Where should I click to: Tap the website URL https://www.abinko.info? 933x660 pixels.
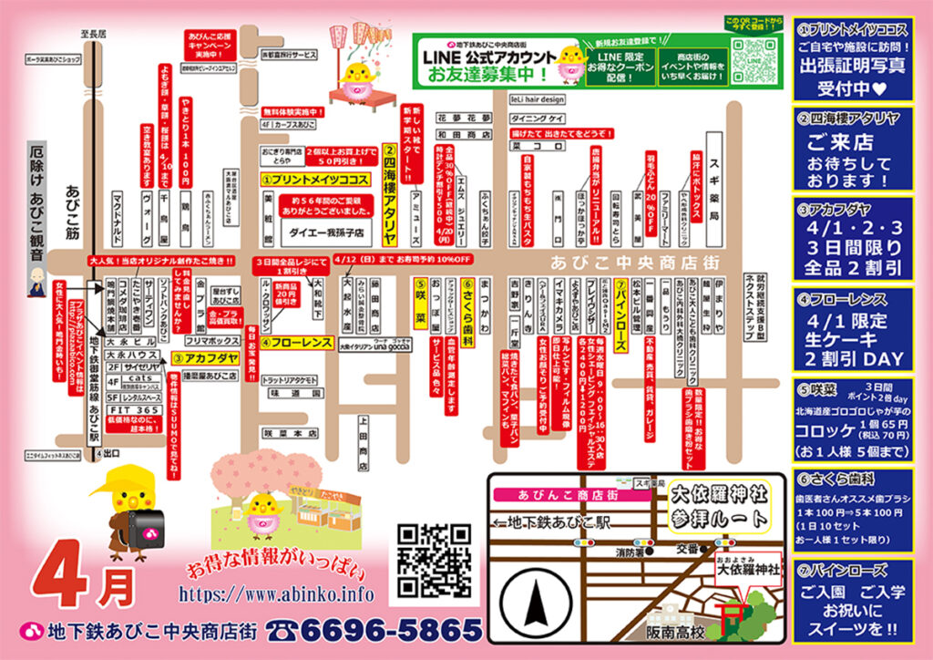point(277,594)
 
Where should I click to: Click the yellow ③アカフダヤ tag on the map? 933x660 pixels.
point(202,358)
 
